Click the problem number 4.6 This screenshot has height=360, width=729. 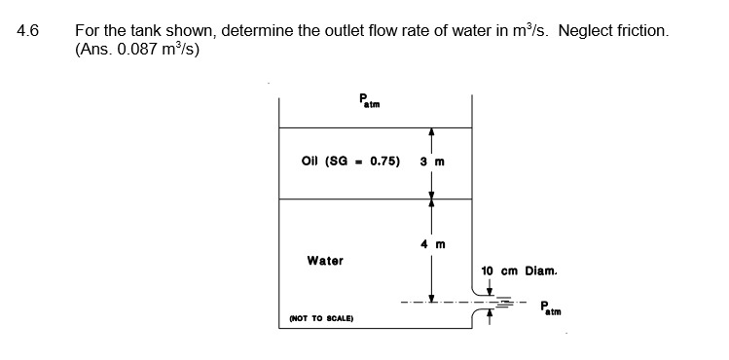pos(27,30)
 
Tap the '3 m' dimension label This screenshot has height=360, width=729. pos(432,162)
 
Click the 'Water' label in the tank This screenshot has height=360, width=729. pos(324,260)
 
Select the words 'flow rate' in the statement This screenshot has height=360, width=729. pos(379,30)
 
